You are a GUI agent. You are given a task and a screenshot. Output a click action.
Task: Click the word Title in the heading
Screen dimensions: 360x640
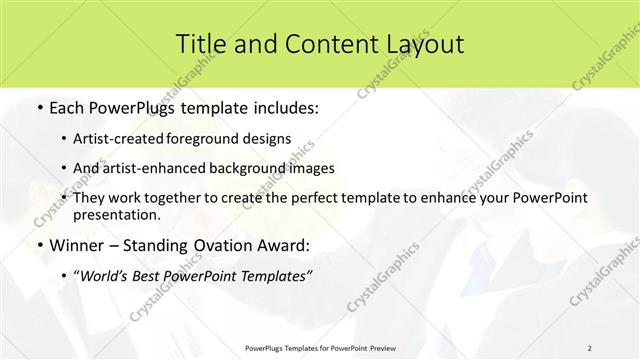click(199, 43)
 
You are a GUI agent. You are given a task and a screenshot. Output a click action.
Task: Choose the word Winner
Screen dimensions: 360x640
click(76, 245)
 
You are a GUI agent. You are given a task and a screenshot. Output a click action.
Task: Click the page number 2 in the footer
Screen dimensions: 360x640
click(590, 348)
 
